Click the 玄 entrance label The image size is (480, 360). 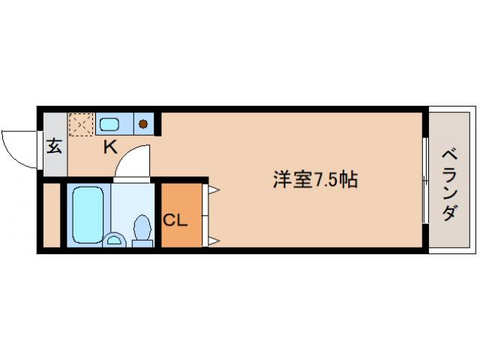[54, 146]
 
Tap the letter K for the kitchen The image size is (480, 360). [110, 147]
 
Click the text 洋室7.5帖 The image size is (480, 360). [314, 179]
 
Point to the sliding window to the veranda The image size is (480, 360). [426, 180]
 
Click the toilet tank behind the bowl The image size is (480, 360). [140, 241]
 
